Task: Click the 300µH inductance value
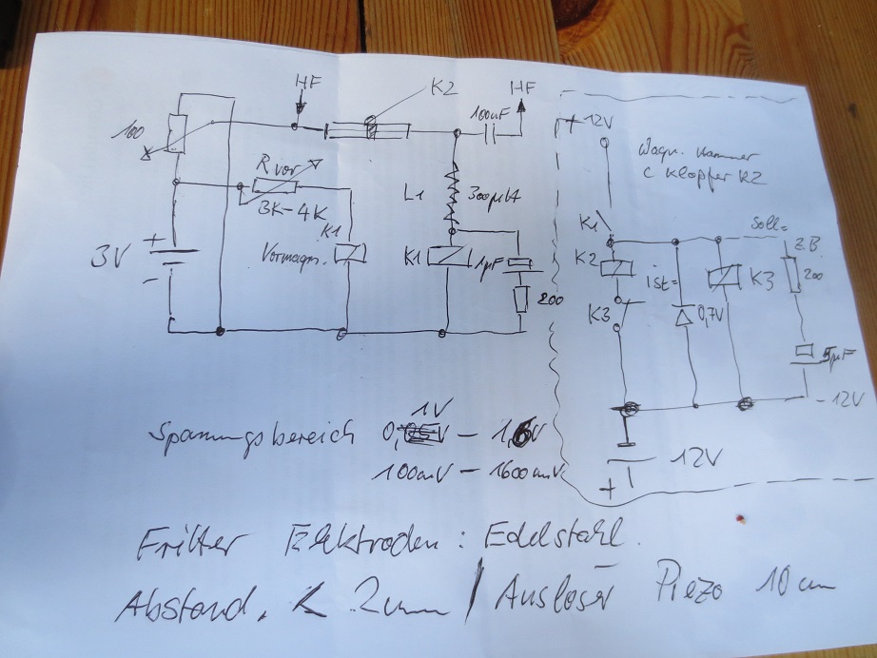496,197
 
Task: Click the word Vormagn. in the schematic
292,256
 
